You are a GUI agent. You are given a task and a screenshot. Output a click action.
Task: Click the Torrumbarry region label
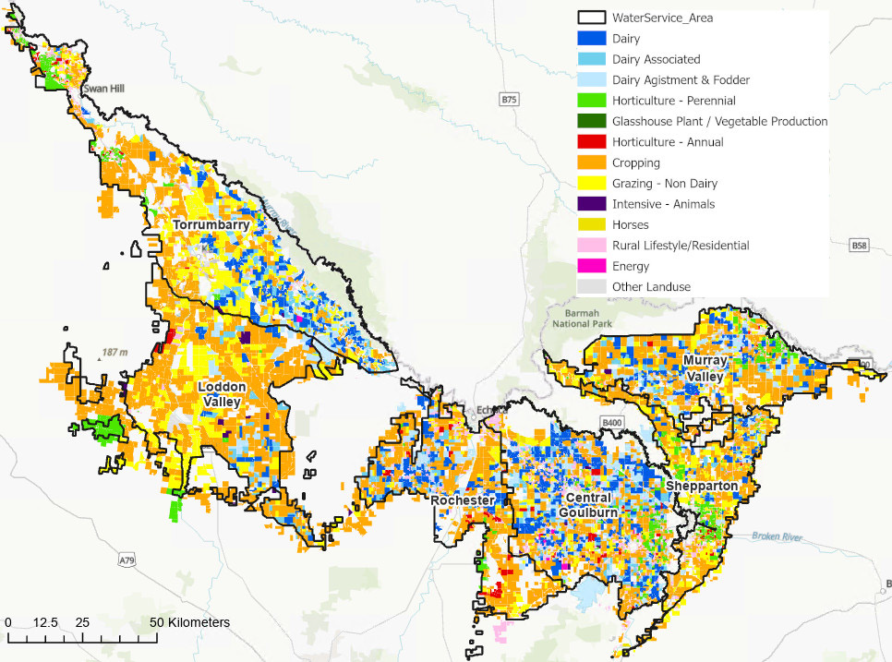(215, 225)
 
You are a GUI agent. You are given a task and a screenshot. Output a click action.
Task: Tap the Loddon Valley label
(222, 393)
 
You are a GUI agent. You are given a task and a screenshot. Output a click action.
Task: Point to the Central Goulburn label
(585, 504)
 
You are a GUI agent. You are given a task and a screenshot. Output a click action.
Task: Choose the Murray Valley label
(707, 367)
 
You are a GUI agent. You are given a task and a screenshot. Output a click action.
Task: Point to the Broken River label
(778, 536)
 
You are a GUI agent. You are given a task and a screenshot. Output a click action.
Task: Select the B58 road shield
(861, 246)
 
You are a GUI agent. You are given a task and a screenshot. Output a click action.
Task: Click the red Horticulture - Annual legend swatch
(591, 142)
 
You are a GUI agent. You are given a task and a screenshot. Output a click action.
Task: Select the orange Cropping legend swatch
(591, 163)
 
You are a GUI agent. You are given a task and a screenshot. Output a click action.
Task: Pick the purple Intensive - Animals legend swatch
(591, 204)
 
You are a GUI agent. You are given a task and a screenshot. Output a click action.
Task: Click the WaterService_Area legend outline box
(591, 18)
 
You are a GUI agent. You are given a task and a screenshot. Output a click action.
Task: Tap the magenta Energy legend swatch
(591, 266)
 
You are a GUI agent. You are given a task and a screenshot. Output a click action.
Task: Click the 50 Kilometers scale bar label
(189, 622)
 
